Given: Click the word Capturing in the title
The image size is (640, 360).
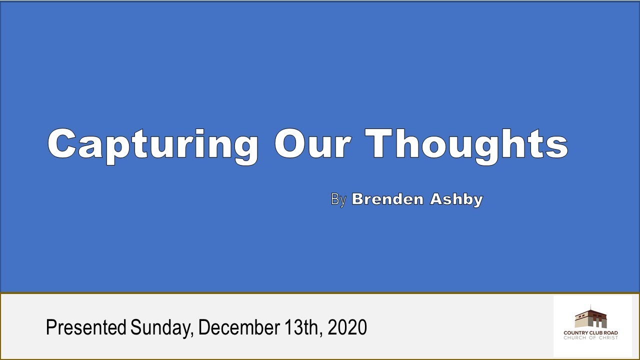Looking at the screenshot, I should (153, 145).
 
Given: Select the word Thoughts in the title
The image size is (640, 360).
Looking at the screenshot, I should (467, 145).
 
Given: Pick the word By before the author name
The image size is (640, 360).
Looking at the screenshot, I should (338, 199).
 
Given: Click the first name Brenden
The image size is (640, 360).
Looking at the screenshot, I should (388, 199).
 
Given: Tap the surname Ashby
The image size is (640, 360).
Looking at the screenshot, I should (455, 199).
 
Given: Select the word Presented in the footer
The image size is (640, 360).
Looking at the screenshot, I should (85, 327).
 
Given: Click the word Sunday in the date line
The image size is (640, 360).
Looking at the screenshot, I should (162, 328).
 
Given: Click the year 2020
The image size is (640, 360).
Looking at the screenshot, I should (348, 327).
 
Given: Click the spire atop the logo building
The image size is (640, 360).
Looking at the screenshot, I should (590, 307).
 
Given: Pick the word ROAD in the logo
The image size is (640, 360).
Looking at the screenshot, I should (610, 333).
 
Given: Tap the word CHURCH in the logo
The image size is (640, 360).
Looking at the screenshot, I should (574, 338).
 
